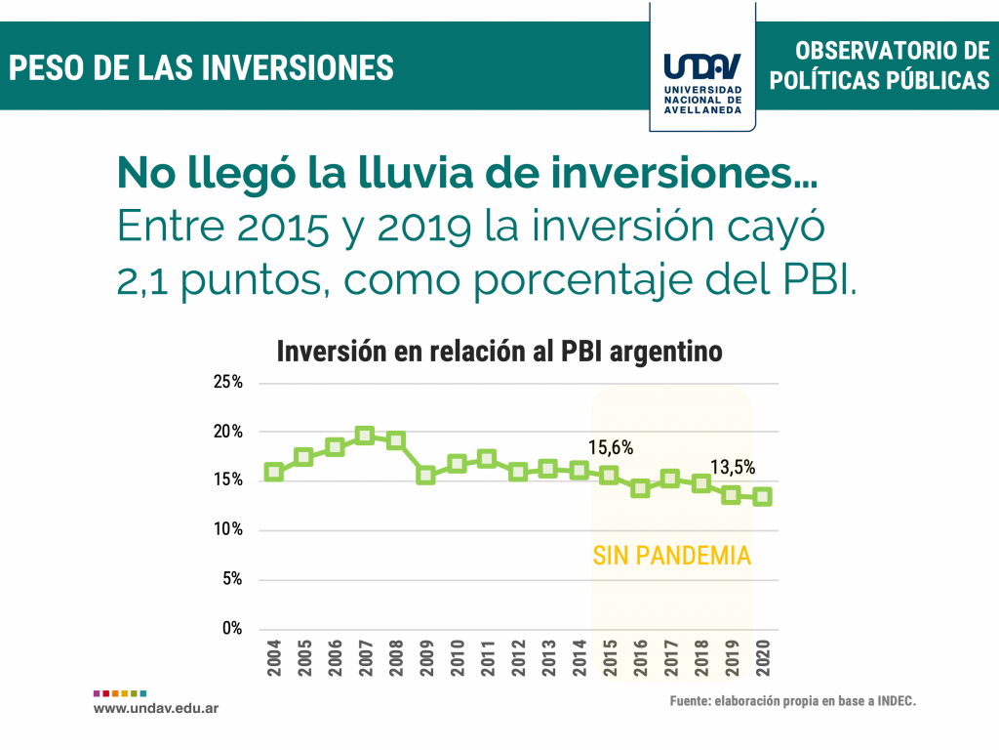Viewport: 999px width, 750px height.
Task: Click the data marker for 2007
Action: point(365,436)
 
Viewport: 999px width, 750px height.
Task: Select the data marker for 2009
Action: point(425,476)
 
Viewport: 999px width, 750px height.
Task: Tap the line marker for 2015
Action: point(609,476)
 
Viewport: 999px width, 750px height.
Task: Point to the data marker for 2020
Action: point(762,496)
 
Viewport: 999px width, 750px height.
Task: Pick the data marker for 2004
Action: point(273,472)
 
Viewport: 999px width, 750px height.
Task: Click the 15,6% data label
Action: point(611,448)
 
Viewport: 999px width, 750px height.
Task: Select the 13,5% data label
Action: point(732,468)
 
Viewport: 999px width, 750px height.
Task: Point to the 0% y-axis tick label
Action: point(231,629)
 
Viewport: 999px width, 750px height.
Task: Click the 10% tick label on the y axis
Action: point(227,529)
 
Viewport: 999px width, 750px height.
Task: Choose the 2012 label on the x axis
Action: point(518,659)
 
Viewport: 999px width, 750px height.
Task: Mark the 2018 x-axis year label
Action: point(701,659)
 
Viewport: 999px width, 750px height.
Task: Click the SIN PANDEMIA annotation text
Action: point(671,556)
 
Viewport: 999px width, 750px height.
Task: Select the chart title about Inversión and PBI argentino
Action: point(499,352)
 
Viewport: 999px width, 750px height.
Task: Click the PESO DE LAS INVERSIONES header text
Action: point(202,67)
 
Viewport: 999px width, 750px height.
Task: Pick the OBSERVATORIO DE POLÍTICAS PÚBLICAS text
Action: point(879,65)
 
